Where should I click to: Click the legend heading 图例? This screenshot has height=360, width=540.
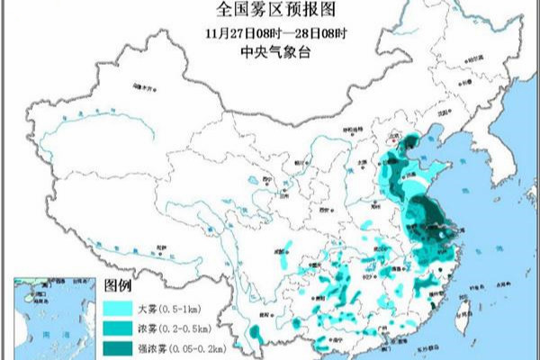tap(118, 286)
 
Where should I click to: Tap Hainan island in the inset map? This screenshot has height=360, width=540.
tap(33, 295)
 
